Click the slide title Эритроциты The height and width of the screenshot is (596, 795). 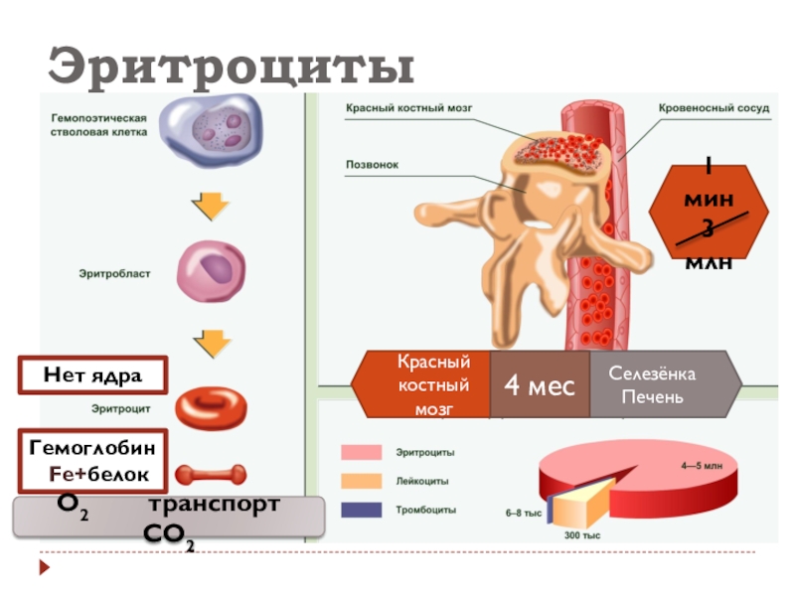tap(232, 67)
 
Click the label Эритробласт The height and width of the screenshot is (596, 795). tap(114, 274)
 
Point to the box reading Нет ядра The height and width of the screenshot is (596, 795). tap(92, 375)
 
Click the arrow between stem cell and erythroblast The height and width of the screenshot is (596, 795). tap(210, 206)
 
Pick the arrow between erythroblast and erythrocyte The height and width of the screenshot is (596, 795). tap(210, 343)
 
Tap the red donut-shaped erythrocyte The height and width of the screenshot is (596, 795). tap(211, 406)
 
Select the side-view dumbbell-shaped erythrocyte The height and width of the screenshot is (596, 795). tap(211, 475)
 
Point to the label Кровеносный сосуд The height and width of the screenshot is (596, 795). tap(714, 107)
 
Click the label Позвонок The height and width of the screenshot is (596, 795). tap(372, 165)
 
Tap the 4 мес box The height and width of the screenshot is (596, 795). tap(540, 384)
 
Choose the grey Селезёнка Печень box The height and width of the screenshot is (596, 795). tap(657, 384)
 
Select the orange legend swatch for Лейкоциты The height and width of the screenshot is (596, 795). tap(362, 482)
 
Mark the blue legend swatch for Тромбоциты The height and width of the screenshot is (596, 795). tap(362, 511)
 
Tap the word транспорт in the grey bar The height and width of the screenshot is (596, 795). tap(213, 505)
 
